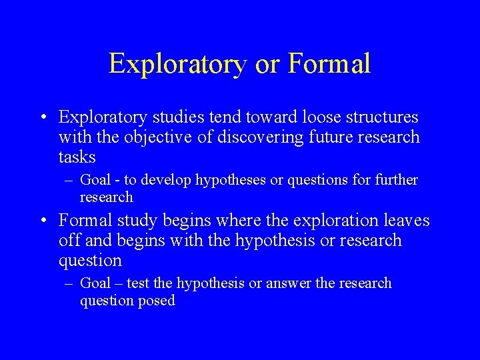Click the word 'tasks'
(77, 157)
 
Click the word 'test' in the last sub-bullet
(136, 283)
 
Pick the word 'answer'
(288, 283)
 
